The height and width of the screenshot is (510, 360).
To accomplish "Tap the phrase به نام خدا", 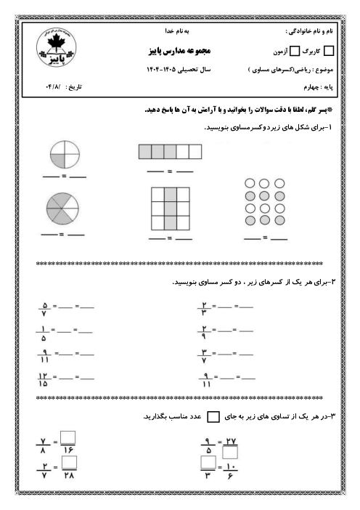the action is point(178,33).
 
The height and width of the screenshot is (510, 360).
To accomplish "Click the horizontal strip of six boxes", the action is point(170,152).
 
